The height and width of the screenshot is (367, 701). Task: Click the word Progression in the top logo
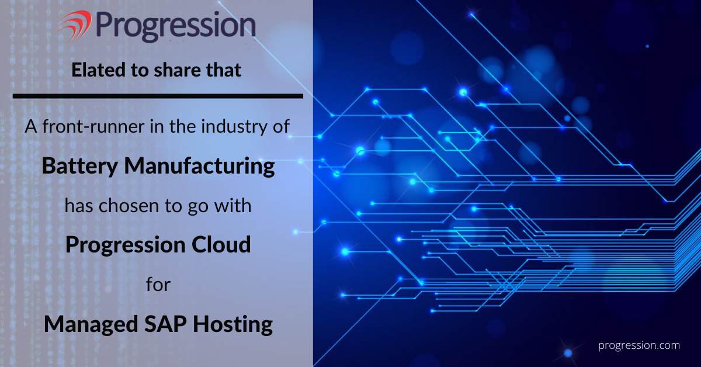176,27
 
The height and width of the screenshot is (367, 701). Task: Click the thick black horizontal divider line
158,96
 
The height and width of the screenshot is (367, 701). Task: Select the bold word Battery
80,167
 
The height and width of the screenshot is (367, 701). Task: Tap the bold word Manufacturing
199,167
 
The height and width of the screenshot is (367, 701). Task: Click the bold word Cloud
221,244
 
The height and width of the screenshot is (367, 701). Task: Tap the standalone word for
158,285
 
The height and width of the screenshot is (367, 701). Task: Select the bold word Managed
91,325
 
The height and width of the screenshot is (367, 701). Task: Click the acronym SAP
165,324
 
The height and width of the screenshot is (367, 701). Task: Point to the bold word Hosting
233,325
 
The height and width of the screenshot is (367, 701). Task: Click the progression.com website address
639,346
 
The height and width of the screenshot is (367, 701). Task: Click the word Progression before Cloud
125,245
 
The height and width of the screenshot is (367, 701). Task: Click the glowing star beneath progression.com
568,353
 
